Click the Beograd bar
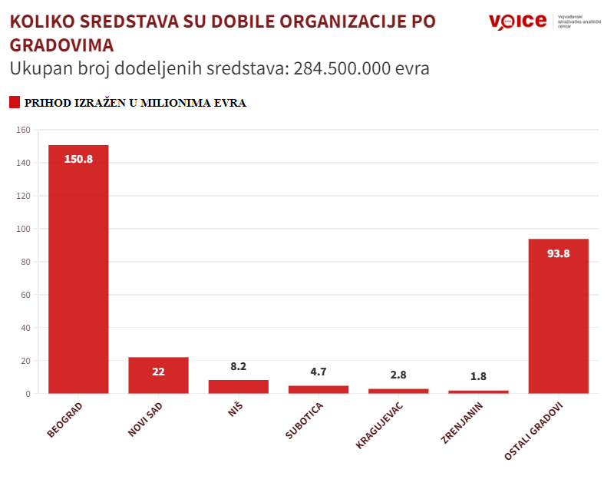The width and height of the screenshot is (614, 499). (x=78, y=269)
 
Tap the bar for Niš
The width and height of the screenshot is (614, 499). (x=239, y=386)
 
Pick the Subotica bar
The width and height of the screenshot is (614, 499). (x=319, y=389)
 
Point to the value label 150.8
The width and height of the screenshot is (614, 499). (x=78, y=160)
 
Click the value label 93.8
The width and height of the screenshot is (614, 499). (x=559, y=253)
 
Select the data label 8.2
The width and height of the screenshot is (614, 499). (x=239, y=367)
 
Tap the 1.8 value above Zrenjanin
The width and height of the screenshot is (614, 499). (x=478, y=377)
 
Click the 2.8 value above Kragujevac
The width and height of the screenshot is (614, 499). (x=398, y=375)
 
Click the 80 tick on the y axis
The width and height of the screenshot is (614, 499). (x=25, y=262)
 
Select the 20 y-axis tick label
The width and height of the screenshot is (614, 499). (x=25, y=361)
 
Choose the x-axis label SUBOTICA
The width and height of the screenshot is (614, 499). (x=305, y=421)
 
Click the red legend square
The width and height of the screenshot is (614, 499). (x=14, y=102)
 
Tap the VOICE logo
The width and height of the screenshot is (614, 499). (x=517, y=21)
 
